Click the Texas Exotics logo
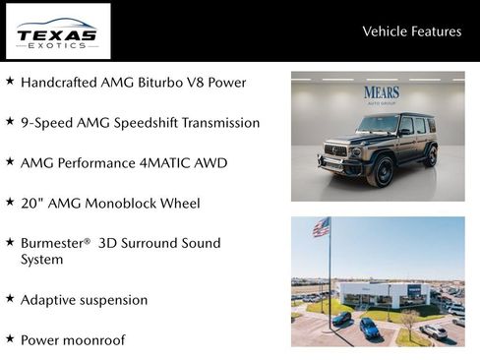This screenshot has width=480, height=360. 58,31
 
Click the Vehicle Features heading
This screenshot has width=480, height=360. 411,31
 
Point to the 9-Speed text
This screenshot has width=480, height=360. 47,123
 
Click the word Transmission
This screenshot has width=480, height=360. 217,123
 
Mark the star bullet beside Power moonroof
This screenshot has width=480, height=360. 10,338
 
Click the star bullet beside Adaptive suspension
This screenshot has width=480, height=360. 10,298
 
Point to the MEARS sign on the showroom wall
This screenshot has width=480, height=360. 382,93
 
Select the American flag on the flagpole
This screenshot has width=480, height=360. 321,227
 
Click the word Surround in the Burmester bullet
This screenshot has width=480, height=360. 155,242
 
